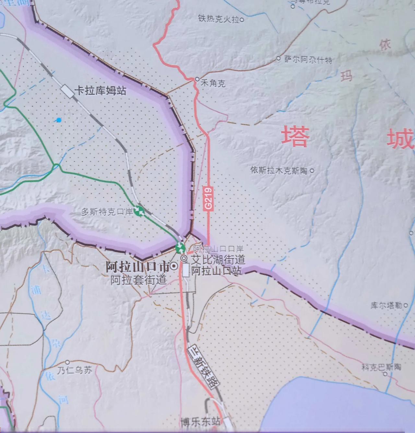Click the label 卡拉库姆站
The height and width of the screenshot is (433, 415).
click(x=100, y=90)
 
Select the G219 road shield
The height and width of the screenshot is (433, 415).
click(x=208, y=199)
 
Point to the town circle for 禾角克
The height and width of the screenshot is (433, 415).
click(x=197, y=79)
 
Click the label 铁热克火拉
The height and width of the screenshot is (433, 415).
click(x=219, y=19)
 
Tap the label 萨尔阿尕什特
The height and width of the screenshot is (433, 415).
click(x=308, y=59)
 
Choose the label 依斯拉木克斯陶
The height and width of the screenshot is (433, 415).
click(x=279, y=170)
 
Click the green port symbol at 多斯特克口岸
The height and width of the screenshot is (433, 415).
click(x=139, y=211)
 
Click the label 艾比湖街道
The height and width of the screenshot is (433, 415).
click(x=217, y=259)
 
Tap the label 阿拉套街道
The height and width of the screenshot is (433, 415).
click(x=139, y=280)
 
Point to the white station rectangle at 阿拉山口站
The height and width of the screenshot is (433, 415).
click(x=185, y=270)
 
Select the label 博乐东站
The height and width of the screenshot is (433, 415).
click(x=200, y=422)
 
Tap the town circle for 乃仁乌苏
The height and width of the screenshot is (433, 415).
click(x=68, y=362)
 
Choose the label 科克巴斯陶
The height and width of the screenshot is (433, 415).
click(x=381, y=367)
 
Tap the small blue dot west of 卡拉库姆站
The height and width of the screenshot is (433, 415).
click(x=59, y=120)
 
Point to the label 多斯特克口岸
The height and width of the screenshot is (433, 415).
click(x=107, y=212)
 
